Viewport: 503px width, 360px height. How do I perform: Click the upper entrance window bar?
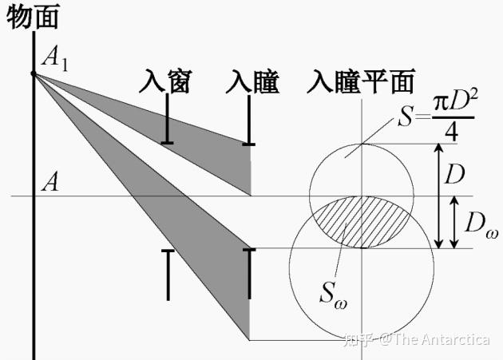click(168, 120)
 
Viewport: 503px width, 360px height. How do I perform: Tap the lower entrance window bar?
click(168, 275)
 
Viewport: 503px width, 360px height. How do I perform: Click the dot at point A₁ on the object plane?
click(33, 74)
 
